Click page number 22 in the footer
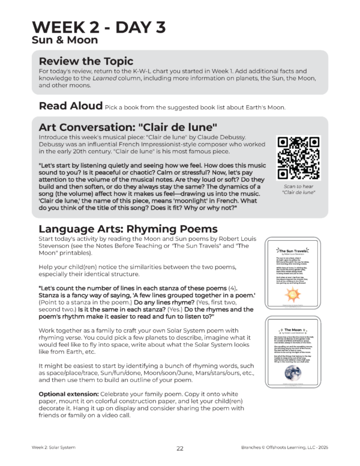179,447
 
